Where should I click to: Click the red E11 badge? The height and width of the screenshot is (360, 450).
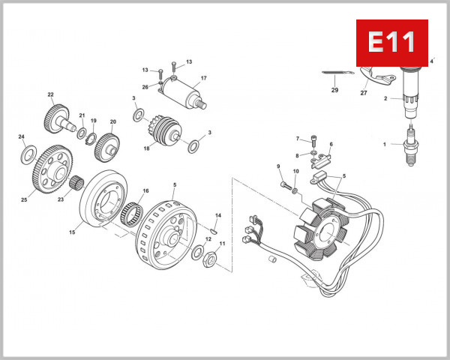click(x=391, y=42)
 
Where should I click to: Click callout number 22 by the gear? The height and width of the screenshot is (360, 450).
click(x=51, y=94)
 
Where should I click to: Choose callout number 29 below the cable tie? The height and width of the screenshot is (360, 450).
click(x=334, y=90)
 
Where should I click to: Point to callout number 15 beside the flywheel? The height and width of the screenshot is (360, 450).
click(x=72, y=232)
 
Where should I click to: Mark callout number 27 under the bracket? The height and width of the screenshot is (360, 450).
click(x=364, y=94)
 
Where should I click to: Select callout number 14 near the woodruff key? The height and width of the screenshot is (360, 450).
click(x=218, y=215)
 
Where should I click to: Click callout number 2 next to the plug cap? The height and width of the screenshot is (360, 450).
click(x=386, y=98)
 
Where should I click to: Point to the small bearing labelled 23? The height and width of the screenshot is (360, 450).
click(x=76, y=182)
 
